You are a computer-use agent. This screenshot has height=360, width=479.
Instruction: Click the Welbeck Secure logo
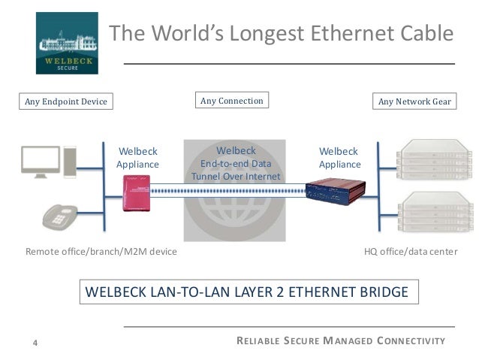coord(67,43)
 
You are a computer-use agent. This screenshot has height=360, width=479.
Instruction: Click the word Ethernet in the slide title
coord(324,34)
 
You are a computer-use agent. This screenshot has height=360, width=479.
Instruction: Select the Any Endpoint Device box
coord(62,101)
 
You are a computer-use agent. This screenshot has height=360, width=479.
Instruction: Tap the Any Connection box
coord(232,101)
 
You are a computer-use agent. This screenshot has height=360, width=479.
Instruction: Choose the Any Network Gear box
coord(414,101)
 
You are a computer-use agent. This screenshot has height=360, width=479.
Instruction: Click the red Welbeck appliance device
coord(137,193)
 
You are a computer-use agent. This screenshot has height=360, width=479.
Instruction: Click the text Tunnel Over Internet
coord(235,177)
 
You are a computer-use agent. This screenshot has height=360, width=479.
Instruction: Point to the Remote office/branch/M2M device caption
coord(101,252)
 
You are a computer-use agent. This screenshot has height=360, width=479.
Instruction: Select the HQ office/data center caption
coord(410,252)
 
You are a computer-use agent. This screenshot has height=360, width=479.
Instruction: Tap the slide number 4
coord(35,343)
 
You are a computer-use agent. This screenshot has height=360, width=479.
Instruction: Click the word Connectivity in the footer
coord(411,342)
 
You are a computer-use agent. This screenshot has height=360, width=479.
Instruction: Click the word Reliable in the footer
coord(258,342)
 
